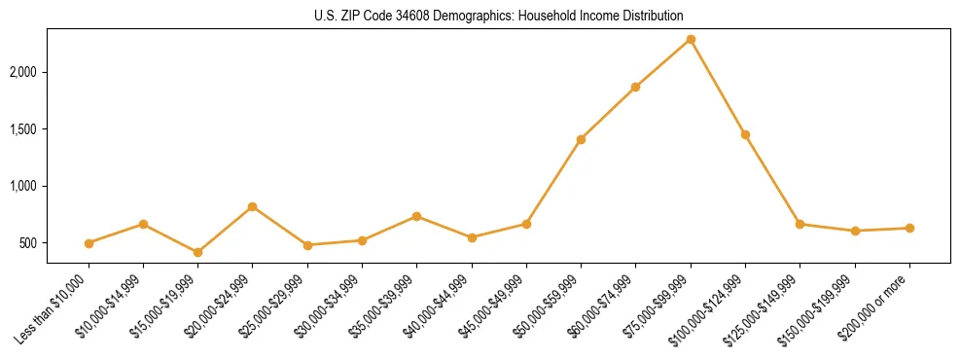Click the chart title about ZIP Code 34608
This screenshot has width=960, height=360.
[498, 16]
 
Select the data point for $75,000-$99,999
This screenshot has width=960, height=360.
[691, 39]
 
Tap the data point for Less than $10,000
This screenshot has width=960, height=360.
[89, 243]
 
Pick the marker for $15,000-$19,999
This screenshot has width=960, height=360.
[197, 252]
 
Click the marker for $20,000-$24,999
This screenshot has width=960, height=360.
[252, 206]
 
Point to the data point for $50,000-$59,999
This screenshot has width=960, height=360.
[581, 139]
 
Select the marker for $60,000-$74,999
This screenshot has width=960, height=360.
[635, 87]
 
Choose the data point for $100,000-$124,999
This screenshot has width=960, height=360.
[745, 134]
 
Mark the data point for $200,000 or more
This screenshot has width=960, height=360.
[909, 228]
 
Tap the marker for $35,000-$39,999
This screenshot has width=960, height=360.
[416, 216]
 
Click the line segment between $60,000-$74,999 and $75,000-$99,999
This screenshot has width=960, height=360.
[663, 63]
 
